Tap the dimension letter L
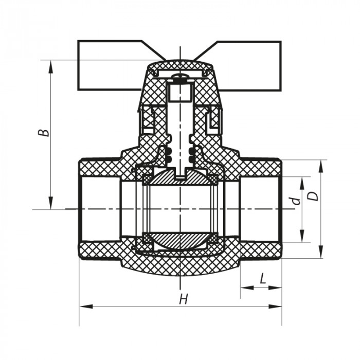tap(262, 279)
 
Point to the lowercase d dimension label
tap(295, 201)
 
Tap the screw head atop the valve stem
tap(180, 79)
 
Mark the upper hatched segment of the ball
tap(180, 177)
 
